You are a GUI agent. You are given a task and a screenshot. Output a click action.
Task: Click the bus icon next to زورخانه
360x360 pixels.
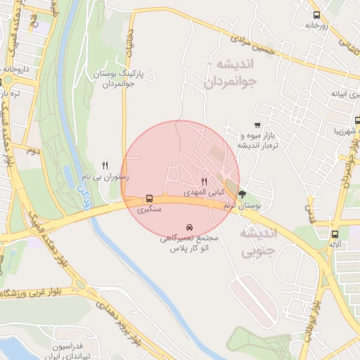point(316,14)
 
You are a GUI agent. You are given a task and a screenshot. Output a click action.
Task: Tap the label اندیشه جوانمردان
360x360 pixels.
point(232,72)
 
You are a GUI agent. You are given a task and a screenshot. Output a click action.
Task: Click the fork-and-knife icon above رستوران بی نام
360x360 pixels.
point(105,165)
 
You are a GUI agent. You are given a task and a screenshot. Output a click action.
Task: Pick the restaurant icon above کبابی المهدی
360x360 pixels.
point(205,181)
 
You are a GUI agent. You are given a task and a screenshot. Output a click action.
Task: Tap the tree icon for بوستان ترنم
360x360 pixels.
point(243,194)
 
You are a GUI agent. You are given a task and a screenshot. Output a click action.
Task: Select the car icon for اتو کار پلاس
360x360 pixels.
point(190,228)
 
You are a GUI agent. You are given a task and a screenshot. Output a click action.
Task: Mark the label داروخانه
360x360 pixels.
point(15,70)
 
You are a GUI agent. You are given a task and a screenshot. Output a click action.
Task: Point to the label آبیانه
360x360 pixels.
point(330,93)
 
